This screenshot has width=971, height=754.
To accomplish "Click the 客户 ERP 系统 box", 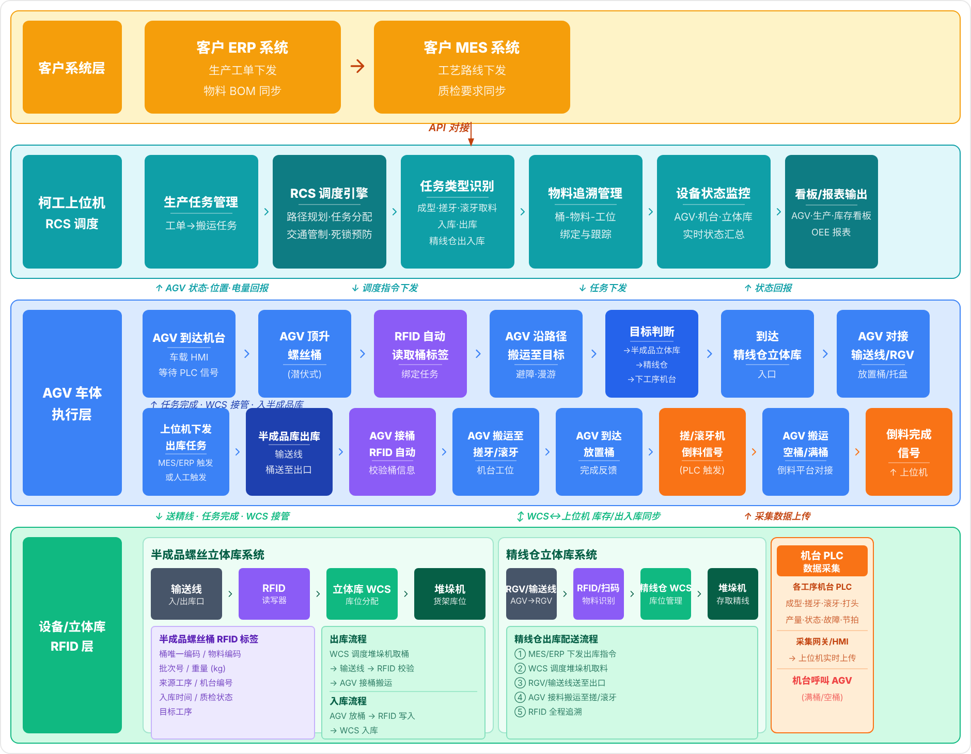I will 242,67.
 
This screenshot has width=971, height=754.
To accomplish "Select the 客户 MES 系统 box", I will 472,67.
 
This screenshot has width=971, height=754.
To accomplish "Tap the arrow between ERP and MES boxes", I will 357,66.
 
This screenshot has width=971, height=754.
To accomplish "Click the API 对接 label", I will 449,128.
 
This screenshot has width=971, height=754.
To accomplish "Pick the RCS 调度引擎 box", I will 329,212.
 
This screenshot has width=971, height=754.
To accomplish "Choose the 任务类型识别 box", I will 457,212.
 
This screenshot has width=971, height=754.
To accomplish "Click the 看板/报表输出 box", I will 831,212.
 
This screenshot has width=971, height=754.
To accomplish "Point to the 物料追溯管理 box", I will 585,212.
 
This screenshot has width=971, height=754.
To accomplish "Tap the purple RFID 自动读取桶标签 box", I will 420,354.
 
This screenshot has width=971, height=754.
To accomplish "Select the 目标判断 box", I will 651,354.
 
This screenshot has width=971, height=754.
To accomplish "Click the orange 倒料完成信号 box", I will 909,452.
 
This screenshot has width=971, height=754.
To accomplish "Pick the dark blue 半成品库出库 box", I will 289,452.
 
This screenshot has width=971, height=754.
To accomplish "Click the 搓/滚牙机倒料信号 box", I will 702,452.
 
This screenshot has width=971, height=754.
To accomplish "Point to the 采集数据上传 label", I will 778,516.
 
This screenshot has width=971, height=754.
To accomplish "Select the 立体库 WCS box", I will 362,594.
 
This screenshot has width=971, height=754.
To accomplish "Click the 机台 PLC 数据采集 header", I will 822,561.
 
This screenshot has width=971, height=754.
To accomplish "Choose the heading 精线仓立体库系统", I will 551,555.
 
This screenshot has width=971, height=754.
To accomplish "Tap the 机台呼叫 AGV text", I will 822,681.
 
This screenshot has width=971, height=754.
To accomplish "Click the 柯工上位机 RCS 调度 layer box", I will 72,212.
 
